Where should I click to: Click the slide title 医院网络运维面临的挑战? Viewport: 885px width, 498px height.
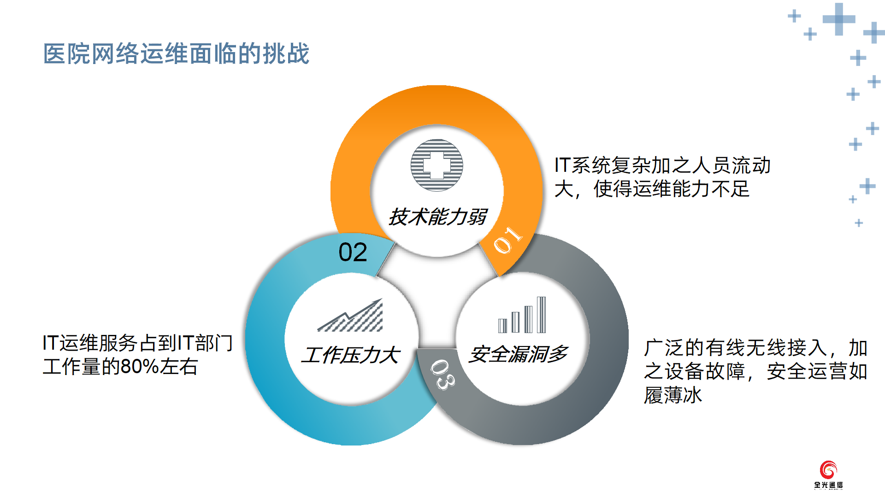coord(176,53)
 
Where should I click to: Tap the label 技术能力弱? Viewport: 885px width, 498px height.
coord(437,217)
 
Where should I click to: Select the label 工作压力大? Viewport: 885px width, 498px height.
coord(351,355)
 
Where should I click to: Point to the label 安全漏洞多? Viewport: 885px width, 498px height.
coord(519,354)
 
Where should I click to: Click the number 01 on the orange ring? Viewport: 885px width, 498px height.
coord(507,240)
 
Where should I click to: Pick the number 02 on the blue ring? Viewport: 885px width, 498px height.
coord(353,252)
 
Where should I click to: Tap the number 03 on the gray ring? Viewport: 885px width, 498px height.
coord(443,374)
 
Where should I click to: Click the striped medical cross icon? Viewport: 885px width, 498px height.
coord(437,165)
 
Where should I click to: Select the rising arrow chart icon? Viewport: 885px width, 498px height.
coord(350,315)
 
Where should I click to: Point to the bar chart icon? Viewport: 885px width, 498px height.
coord(522,315)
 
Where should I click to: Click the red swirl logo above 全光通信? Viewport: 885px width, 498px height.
coord(828,470)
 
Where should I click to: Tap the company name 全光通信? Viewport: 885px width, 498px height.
coord(828,485)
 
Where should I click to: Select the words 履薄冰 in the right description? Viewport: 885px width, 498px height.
coord(673,395)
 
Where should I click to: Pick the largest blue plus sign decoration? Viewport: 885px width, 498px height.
coord(839,19)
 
